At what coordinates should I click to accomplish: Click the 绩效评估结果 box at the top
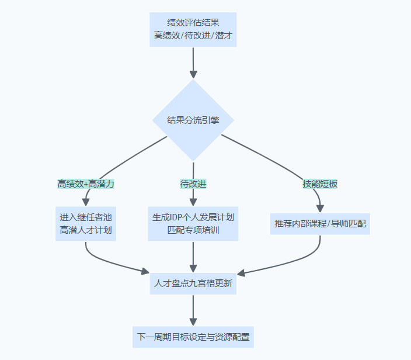[193, 29]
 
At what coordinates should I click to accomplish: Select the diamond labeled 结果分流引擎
[193, 120]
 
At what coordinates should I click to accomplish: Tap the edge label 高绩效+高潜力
[85, 184]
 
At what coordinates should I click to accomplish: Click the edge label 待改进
[193, 184]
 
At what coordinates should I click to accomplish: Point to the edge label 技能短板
[320, 184]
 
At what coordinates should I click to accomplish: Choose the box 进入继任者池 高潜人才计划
[85, 223]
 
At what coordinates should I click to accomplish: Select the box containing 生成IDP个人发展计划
[193, 223]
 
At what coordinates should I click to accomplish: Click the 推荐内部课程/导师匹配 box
[320, 223]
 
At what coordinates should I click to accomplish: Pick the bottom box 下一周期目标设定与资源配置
[193, 337]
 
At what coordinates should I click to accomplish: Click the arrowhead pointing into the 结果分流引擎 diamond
[193, 74]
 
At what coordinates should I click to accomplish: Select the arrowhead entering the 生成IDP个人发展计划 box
[193, 202]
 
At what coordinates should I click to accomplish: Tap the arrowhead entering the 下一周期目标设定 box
[193, 321]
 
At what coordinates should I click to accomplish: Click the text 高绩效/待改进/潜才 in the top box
[193, 36]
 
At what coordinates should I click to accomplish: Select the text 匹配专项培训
[193, 230]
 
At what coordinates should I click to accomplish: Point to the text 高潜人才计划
[85, 230]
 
